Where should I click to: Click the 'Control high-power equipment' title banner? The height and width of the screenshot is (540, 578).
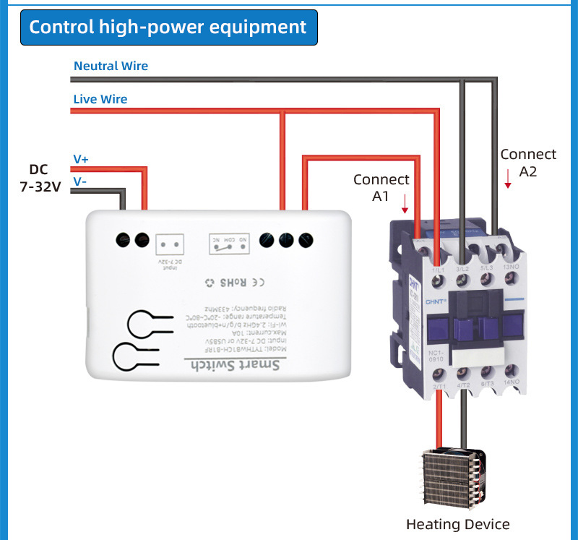(168, 27)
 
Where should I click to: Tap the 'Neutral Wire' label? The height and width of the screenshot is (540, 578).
(111, 66)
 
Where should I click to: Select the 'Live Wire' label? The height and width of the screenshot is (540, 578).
(100, 99)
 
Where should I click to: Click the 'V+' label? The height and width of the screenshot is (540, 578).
(81, 159)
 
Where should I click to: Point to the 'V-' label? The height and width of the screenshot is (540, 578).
(79, 181)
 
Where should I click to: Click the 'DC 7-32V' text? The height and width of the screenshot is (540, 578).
(40, 178)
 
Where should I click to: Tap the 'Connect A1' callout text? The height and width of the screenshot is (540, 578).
(381, 187)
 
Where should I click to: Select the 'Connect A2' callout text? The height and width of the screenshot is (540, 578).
(528, 163)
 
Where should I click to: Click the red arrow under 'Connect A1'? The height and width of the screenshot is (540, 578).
(405, 202)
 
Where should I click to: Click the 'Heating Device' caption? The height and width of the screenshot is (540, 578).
(457, 524)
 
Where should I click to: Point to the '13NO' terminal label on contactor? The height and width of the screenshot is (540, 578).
(509, 268)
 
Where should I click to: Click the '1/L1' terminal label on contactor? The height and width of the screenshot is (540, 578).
(438, 270)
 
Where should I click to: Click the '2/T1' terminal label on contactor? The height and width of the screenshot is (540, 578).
(438, 387)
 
